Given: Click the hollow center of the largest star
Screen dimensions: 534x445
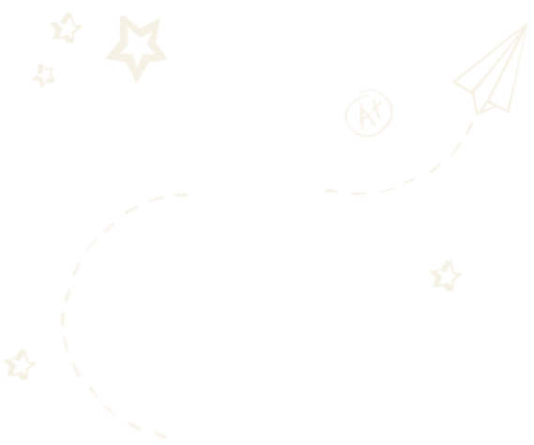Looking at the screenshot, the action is click(139, 45).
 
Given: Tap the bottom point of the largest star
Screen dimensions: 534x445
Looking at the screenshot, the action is click(137, 82).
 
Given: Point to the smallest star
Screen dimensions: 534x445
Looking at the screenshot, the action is click(43, 76).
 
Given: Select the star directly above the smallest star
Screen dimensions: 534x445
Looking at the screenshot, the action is click(67, 28).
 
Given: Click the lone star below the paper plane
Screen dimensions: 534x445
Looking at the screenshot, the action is click(446, 276).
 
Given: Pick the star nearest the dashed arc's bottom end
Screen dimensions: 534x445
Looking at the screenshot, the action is click(20, 365).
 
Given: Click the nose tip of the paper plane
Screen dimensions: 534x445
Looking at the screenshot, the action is click(526, 23).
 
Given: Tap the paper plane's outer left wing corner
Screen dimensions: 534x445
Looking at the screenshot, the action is click(453, 82).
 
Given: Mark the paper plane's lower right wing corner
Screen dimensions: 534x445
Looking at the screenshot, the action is click(509, 112).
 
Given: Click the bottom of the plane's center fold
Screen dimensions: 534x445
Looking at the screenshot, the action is click(478, 114).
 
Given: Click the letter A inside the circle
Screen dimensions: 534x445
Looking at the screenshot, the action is click(365, 116).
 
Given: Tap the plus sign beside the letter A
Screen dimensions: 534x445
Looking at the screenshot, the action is click(376, 107).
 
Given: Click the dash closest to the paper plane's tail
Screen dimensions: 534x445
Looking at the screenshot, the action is click(469, 129).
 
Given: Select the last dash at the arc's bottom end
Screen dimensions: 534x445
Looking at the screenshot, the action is click(160, 435).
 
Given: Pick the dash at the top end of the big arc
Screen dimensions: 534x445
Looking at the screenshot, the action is click(181, 195).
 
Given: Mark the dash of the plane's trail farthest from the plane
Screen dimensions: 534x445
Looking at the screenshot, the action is click(331, 191).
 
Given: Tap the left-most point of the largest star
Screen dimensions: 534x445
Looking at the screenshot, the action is click(105, 58).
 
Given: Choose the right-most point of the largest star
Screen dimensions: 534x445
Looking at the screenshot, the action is click(166, 58).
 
